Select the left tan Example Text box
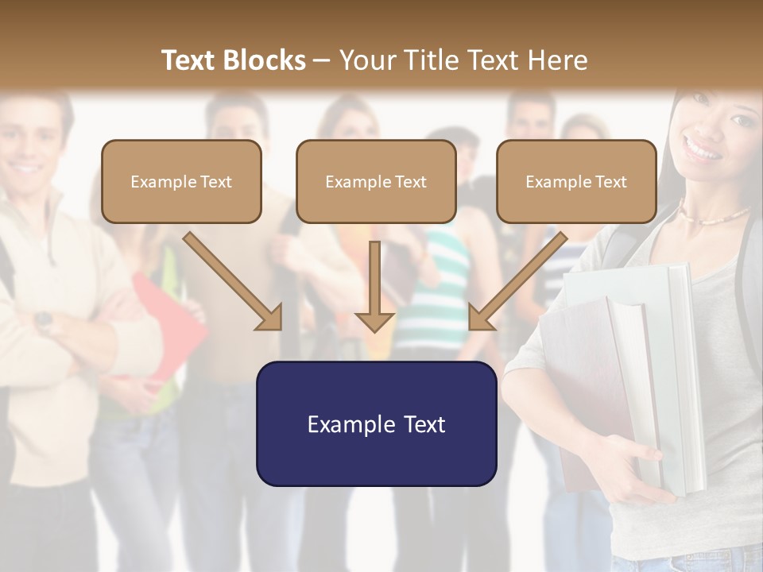[181, 181]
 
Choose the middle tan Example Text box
[376, 181]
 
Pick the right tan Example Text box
[576, 181]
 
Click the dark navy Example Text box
[376, 423]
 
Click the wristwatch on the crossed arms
[44, 320]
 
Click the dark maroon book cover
[592, 381]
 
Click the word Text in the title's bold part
[188, 60]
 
